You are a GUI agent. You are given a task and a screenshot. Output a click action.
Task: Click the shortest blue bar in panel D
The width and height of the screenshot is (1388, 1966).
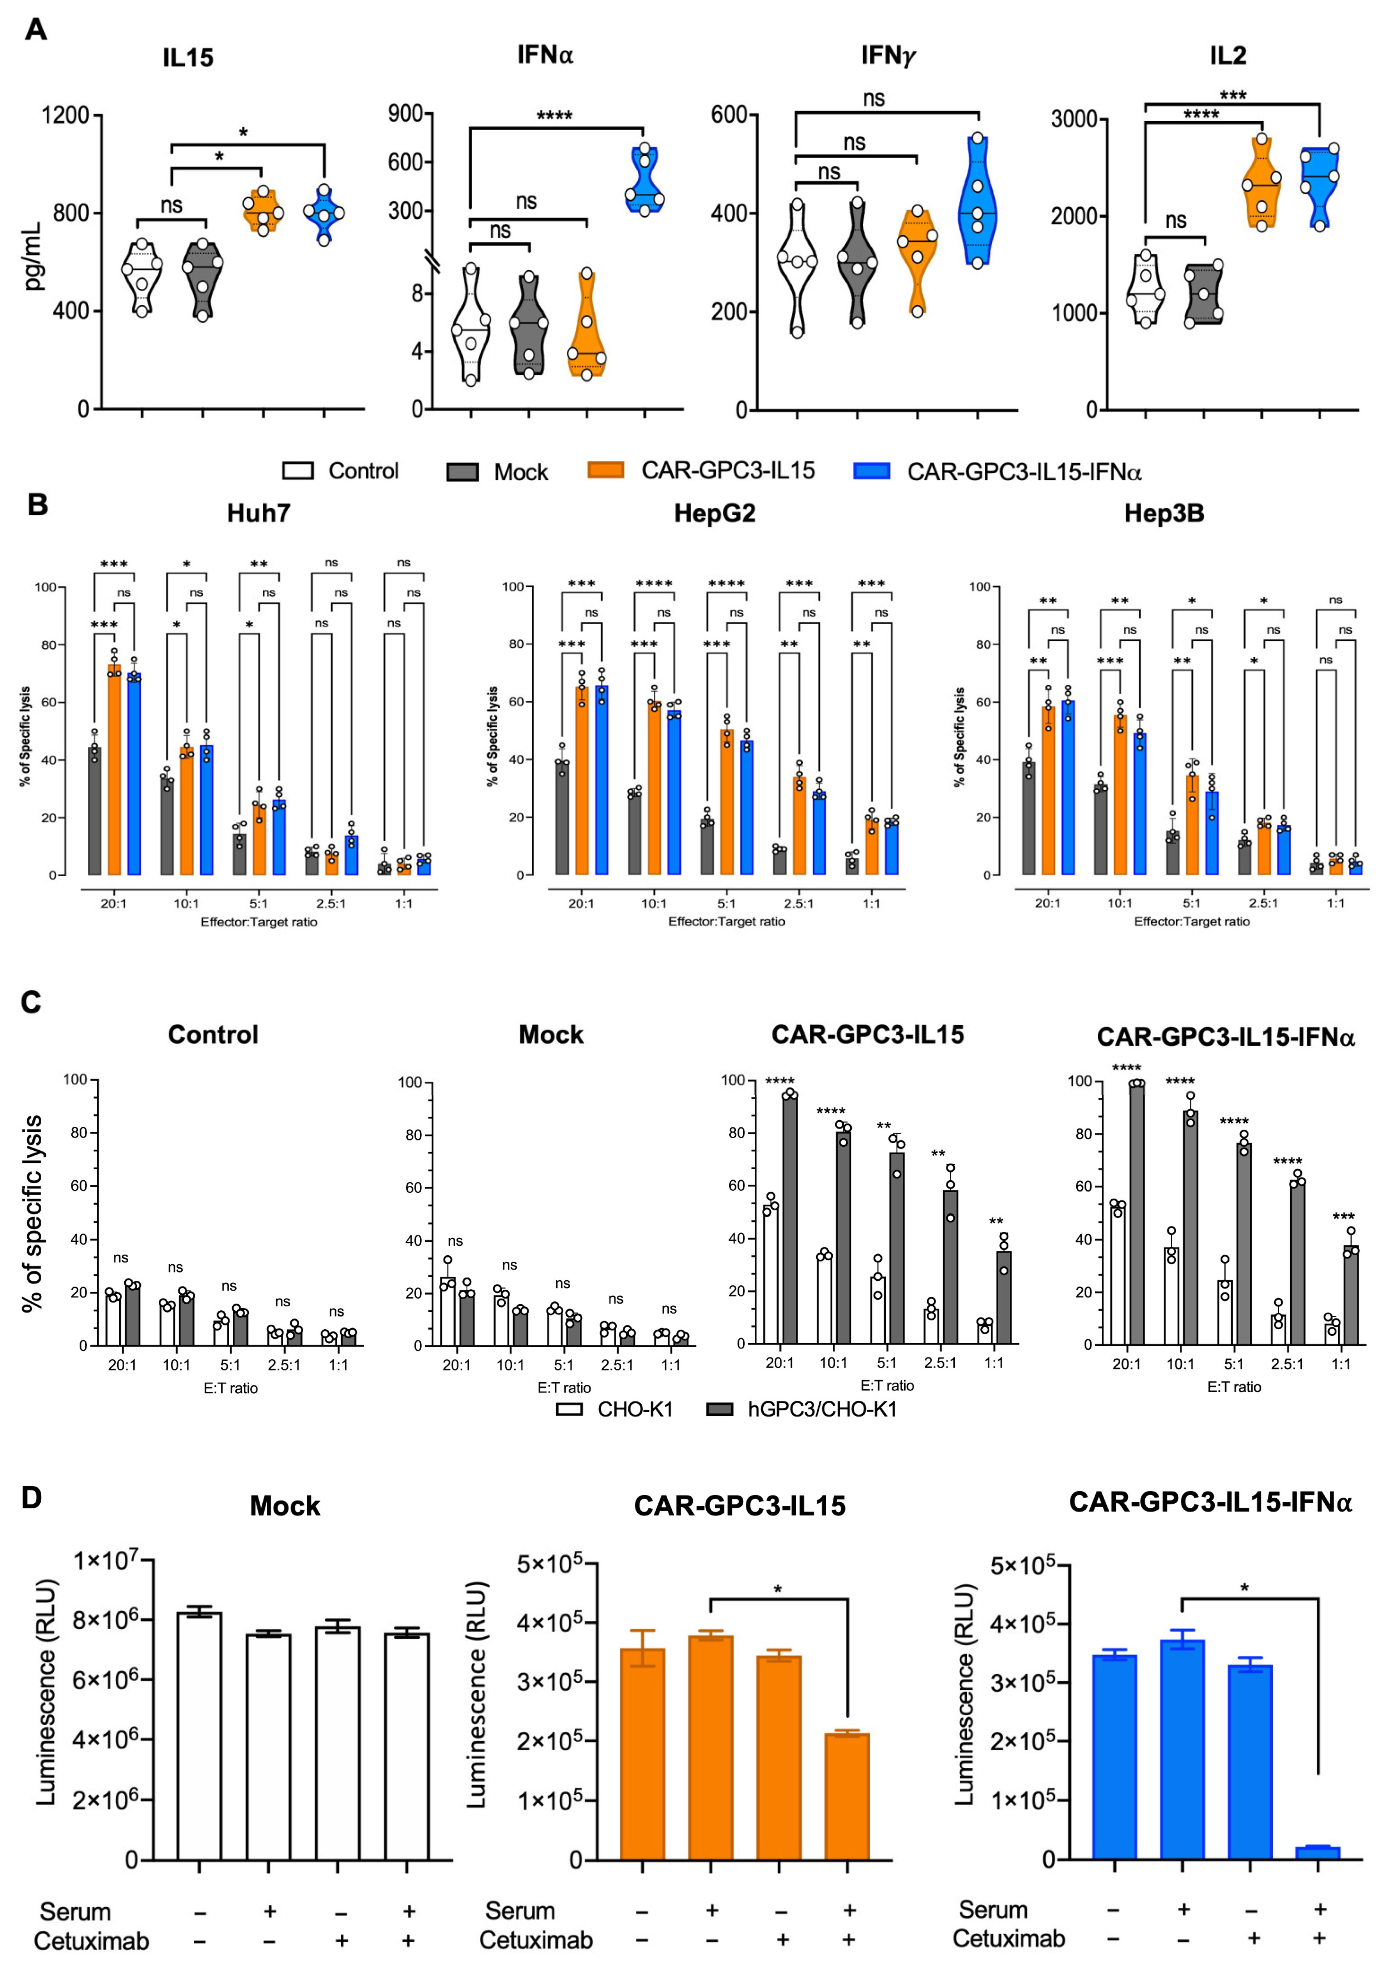click(x=1317, y=1853)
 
